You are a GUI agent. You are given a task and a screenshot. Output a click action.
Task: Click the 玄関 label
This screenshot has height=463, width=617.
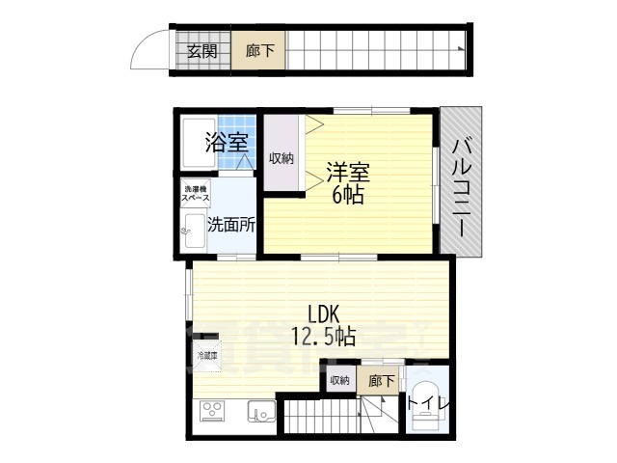click(201, 52)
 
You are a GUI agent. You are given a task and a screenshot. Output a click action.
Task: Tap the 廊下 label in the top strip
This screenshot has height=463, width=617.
click(258, 52)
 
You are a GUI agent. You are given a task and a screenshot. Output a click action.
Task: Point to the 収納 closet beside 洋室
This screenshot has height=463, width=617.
click(282, 158)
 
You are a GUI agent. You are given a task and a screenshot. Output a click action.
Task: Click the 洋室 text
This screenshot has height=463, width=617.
click(348, 174)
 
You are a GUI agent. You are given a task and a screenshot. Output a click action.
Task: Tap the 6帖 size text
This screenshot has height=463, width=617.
click(348, 195)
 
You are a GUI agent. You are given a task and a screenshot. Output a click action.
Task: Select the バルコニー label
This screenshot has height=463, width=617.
click(460, 187)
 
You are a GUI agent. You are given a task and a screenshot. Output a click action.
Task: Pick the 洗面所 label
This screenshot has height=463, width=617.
click(231, 225)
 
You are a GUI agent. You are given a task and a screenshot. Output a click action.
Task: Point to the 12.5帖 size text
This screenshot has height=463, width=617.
click(324, 337)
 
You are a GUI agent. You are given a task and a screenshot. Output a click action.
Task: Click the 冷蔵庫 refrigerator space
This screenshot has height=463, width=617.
click(208, 358)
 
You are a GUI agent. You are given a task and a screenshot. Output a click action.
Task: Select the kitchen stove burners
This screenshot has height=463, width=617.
click(212, 412)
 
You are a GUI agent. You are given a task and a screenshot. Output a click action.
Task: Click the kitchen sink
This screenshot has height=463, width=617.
click(261, 412)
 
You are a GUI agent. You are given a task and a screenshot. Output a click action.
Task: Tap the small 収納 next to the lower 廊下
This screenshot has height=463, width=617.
click(339, 380)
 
